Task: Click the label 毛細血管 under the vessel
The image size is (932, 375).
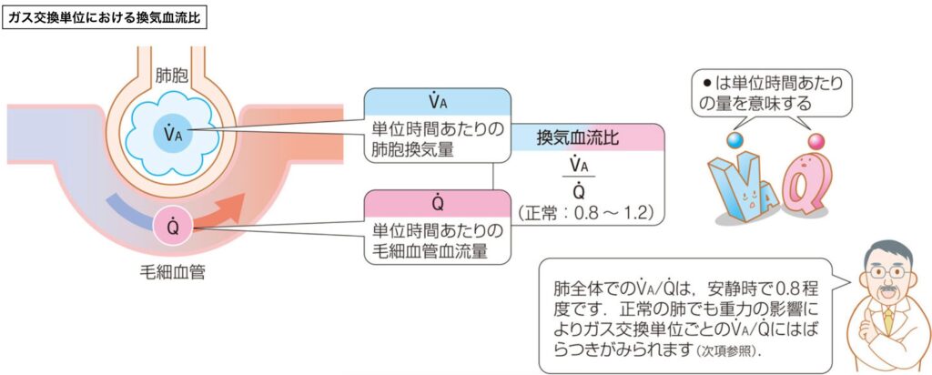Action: click(167, 271)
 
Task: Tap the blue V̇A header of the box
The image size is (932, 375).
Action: click(436, 100)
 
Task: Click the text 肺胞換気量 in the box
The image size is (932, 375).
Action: click(411, 150)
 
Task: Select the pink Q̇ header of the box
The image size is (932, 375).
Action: click(437, 201)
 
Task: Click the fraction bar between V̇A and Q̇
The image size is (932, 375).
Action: click(576, 179)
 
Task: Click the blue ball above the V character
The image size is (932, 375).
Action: click(735, 140)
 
